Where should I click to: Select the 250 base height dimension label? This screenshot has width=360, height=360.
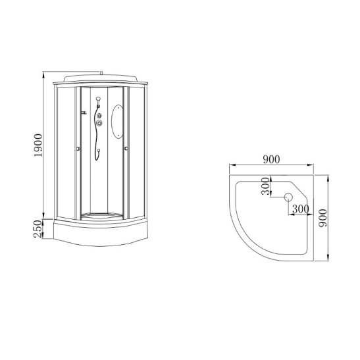(x=38, y=229)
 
